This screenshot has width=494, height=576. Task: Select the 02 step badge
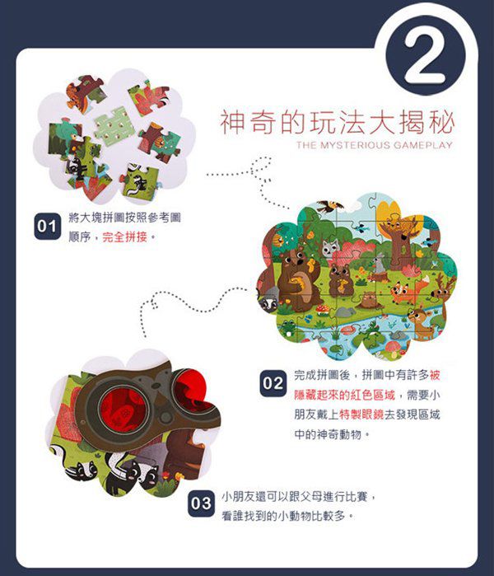(273, 384)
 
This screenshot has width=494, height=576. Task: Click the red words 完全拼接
(126, 236)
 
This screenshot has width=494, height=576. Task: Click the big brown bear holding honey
(294, 277)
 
